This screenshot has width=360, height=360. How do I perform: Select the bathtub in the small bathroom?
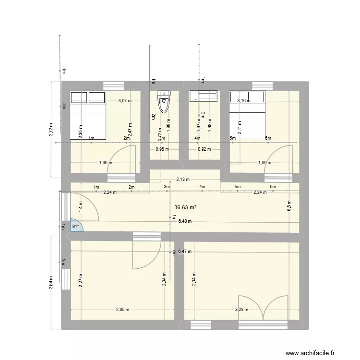click(204, 96)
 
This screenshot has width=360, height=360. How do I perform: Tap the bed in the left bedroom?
click(88, 115)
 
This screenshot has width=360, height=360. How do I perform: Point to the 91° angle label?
click(75, 226)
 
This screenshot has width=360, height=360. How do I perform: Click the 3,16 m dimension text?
click(244, 101)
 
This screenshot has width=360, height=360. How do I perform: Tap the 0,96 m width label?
click(163, 149)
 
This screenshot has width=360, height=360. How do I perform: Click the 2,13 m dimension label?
click(182, 180)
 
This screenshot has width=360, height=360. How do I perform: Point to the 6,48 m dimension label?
click(185, 221)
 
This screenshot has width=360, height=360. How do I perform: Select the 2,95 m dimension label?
click(122, 310)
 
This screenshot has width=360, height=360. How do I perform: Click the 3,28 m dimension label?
click(241, 310)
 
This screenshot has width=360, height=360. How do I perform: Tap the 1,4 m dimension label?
click(81, 205)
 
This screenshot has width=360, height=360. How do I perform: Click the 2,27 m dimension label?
click(81, 281)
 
